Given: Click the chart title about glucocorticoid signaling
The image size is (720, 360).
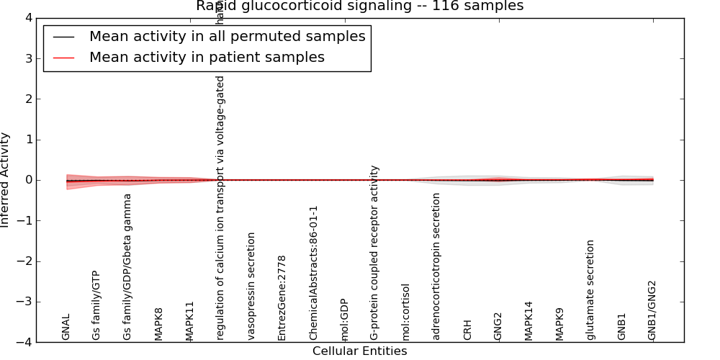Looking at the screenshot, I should click(x=359, y=6).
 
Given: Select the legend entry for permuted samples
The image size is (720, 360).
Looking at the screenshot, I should click(x=227, y=36).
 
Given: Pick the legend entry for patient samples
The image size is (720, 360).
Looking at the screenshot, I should click(x=207, y=57).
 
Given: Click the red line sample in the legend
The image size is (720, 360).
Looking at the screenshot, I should click(x=64, y=57).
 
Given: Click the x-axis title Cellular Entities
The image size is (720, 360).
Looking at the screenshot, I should click(x=359, y=351).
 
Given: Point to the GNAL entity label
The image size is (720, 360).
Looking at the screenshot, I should click(x=66, y=327).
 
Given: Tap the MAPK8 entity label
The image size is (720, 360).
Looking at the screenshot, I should click(x=158, y=324).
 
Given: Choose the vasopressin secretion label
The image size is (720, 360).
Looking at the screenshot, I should click(x=251, y=286).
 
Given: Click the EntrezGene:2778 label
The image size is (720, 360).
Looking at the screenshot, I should click(x=282, y=297).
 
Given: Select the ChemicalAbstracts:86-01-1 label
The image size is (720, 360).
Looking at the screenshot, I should click(x=313, y=273).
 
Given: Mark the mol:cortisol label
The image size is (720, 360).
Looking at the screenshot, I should click(x=406, y=312).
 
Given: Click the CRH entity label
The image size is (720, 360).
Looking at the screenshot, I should click(x=468, y=330).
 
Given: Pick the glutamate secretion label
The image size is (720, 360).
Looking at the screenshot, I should click(x=591, y=289).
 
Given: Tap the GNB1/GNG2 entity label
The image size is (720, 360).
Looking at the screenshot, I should click(x=652, y=310).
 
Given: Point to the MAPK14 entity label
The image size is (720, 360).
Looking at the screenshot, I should click(x=529, y=320).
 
